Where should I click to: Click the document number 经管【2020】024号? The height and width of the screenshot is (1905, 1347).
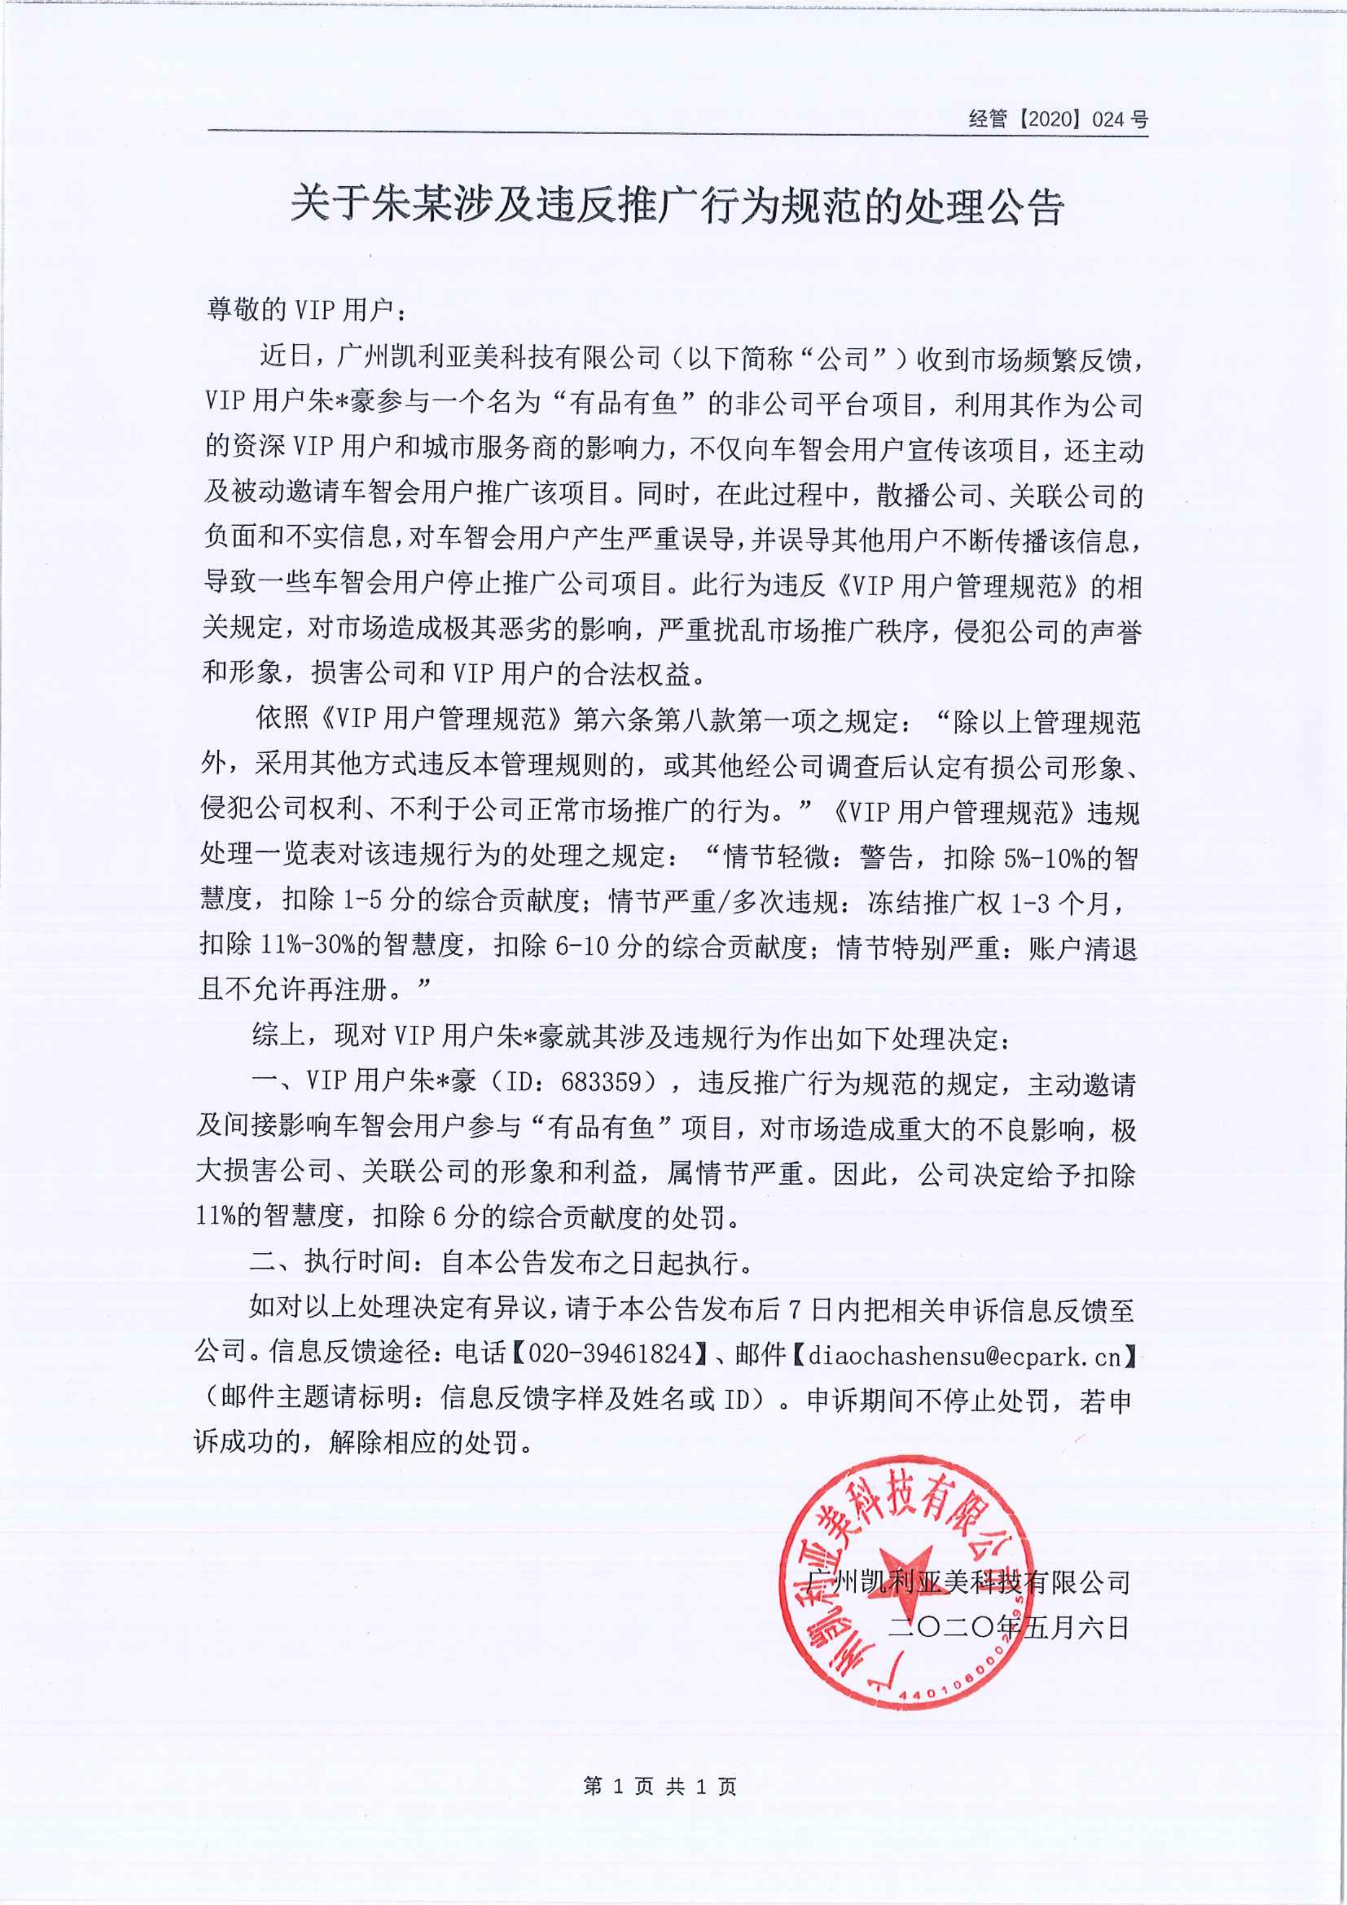point(1058,119)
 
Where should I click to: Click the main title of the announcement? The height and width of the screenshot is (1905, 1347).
point(676,206)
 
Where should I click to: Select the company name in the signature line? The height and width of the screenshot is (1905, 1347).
point(969,1582)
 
